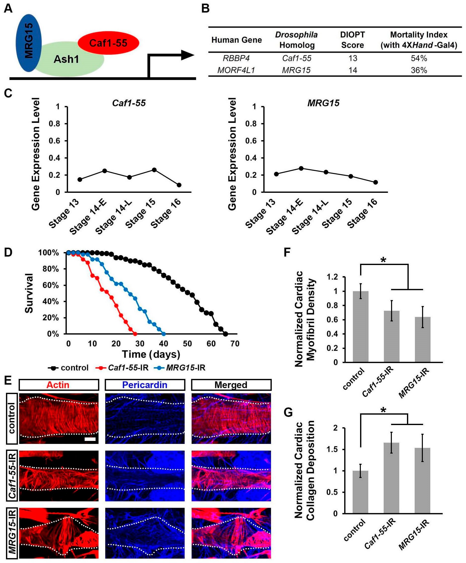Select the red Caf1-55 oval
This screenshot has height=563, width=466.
point(108,43)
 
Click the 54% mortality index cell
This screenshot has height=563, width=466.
point(419,58)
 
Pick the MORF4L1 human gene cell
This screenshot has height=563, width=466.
point(236,70)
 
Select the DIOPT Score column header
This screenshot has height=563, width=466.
point(352,40)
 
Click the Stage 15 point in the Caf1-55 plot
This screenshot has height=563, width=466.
point(154,170)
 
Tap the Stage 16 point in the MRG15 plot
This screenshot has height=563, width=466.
point(375,182)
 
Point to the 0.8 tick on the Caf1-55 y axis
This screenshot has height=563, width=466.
point(54,124)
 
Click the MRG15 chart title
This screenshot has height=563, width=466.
point(323,103)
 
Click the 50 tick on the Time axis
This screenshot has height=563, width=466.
point(187,343)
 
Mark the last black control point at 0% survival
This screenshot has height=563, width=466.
point(225,334)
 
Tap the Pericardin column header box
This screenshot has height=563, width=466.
point(145,385)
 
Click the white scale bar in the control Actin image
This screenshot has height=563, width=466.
point(90,439)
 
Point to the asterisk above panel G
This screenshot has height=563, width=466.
point(383,410)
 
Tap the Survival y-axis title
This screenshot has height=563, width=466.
point(29,293)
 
